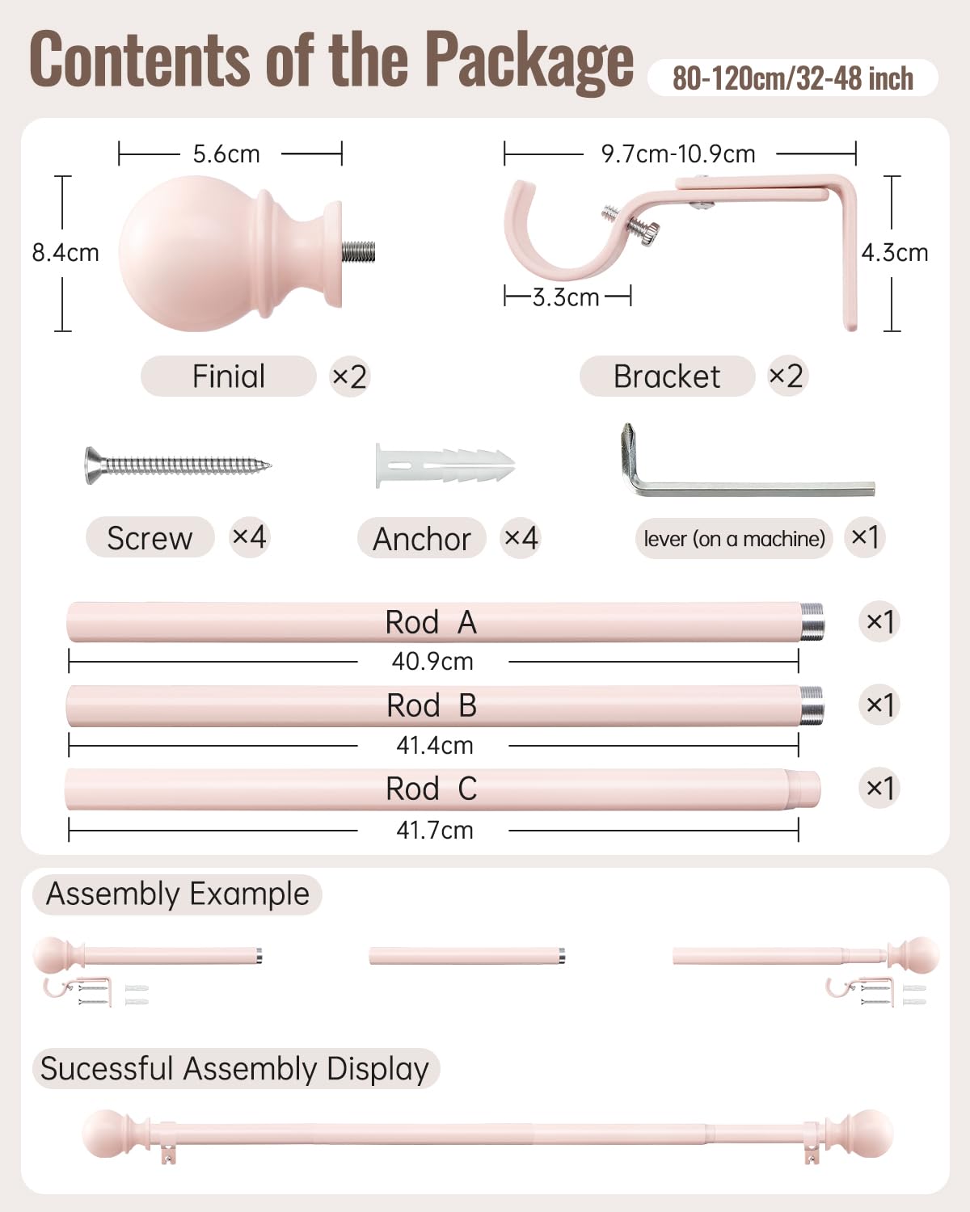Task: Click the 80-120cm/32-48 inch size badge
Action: click(792, 78)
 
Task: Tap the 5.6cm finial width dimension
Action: click(226, 154)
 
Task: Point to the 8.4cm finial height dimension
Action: click(65, 253)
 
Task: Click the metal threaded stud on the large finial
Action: click(358, 252)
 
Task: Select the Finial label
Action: click(228, 377)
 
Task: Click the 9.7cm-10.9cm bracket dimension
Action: click(678, 154)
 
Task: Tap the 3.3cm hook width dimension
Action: click(566, 297)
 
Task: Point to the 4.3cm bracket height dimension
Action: click(895, 253)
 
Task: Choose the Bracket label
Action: click(667, 377)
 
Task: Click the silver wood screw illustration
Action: click(178, 465)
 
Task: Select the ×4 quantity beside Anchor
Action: click(521, 538)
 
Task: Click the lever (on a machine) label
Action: click(735, 539)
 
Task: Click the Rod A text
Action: click(431, 622)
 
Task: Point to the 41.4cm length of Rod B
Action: click(435, 746)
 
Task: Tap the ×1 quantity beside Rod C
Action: click(879, 788)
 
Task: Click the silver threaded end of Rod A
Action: click(812, 622)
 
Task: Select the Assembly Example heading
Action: click(178, 894)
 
